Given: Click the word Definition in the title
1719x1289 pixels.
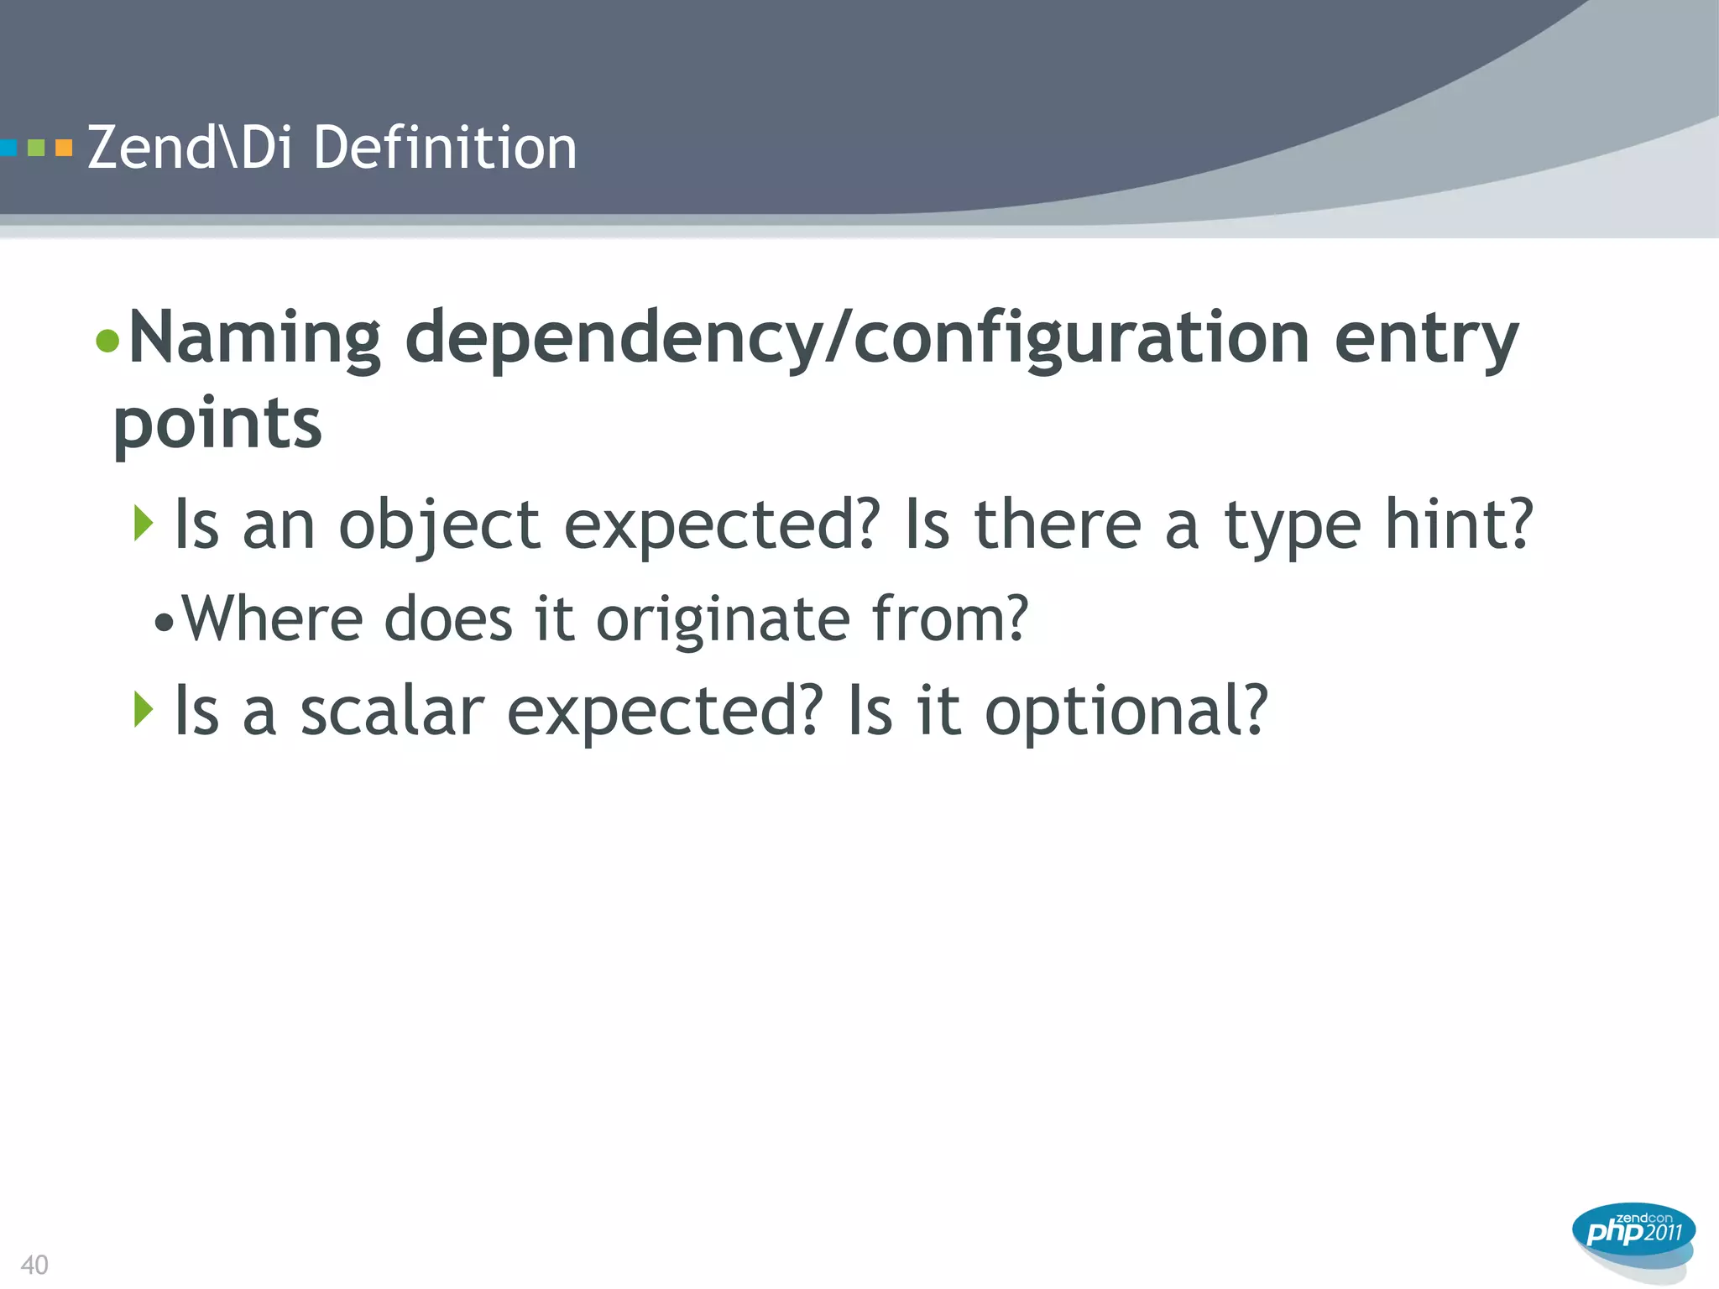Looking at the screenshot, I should coord(445,147).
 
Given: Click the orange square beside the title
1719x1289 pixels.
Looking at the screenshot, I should coord(63,149).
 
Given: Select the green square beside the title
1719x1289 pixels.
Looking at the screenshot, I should coord(36,149).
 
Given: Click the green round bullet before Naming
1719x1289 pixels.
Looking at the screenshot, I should coord(107,341).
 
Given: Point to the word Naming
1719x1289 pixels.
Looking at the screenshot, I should coord(254,339).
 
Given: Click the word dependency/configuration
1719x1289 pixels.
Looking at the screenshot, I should coord(856,339).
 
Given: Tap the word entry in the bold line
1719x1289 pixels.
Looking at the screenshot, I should coord(1426,339).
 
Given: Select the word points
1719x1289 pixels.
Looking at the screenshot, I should coord(217,424).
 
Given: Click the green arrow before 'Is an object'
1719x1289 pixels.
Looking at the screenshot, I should coord(144,524).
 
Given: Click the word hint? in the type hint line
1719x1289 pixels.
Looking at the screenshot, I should coord(1459,524).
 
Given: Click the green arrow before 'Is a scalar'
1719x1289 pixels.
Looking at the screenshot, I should coord(144,710).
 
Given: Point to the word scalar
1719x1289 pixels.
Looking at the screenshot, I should coord(392,712).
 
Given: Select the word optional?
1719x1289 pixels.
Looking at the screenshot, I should coord(1125,712).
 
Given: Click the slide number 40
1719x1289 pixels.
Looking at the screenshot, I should coord(34,1264).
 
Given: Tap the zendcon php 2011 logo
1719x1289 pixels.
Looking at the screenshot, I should coord(1633,1234).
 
